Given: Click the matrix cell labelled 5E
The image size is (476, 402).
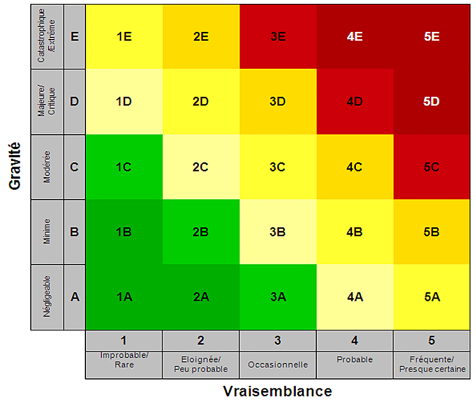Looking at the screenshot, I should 432,36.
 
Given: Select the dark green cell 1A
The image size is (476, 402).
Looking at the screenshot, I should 124,297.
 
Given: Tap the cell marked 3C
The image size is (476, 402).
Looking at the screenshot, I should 278,167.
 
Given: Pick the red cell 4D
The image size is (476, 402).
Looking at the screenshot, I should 354,102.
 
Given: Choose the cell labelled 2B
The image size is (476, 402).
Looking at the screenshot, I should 201,232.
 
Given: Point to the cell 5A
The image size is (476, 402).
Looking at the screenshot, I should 432,297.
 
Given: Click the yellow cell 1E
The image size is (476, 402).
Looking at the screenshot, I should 124,36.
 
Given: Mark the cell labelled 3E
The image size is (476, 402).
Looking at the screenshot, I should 278,36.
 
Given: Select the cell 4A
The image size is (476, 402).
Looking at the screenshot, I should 354,297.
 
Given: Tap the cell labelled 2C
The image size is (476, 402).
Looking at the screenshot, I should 201,167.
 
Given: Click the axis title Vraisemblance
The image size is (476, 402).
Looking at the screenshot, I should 278,391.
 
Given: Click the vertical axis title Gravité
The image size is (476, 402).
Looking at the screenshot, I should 15,166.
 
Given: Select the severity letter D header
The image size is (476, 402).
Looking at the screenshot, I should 75,102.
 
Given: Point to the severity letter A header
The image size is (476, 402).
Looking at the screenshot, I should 75,297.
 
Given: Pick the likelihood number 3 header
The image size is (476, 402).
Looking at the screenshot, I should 278,340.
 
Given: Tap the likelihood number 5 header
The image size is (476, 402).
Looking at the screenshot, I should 432,340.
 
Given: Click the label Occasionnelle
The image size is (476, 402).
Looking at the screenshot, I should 278,365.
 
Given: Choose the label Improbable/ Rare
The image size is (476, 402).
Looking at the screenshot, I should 124,360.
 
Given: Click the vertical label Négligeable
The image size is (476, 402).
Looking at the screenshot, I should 47,297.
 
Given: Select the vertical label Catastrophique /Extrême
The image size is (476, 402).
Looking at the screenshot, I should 47,36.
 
